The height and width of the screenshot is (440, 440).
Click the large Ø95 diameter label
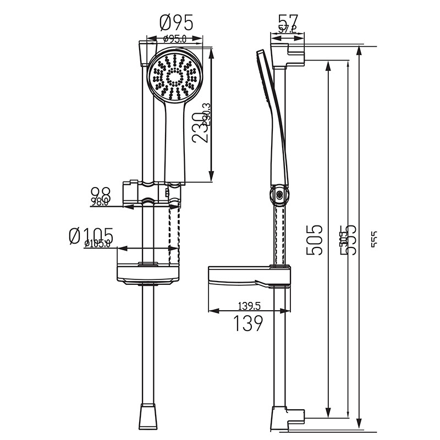coord(177,23)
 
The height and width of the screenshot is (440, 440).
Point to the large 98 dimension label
coord(101,193)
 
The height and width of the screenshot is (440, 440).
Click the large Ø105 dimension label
coord(91,235)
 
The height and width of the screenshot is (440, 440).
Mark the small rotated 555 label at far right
coord(375,240)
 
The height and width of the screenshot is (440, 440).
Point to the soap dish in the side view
coord(248,277)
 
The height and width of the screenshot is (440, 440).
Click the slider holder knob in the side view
coord(279,195)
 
